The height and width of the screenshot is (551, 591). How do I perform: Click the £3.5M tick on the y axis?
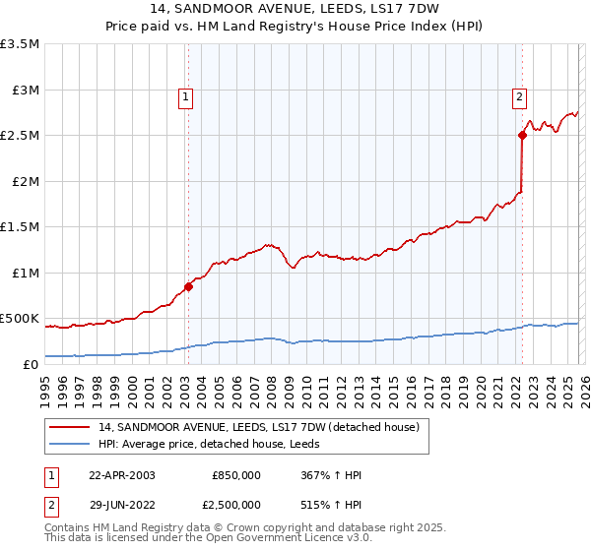click(x=21, y=44)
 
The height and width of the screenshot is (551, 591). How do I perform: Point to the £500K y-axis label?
click(x=21, y=319)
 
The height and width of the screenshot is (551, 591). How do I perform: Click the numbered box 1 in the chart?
click(x=186, y=96)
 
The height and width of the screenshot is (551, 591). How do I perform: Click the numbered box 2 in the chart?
click(x=519, y=96)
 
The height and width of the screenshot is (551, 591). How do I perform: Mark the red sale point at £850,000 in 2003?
click(x=188, y=286)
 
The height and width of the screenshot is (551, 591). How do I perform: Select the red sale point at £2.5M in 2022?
click(x=522, y=136)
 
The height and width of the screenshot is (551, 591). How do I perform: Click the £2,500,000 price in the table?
click(x=236, y=504)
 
